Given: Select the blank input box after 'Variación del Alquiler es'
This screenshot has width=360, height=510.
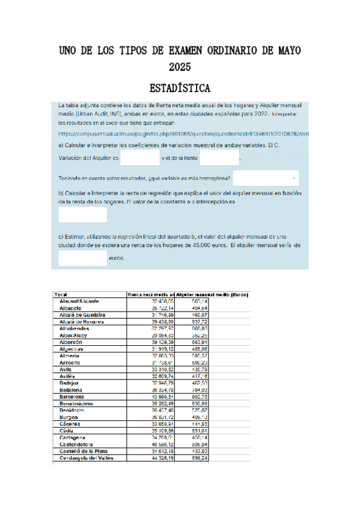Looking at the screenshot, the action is (139, 158).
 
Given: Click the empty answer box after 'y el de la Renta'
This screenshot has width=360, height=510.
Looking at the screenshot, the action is (219, 158).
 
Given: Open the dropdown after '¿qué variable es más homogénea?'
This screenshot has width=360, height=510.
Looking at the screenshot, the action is (266, 178).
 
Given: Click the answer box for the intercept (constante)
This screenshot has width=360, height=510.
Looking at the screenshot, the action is (82, 214).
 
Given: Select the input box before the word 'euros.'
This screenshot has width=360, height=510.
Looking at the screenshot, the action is (82, 258).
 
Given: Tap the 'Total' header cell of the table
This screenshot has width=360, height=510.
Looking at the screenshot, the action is (61, 295).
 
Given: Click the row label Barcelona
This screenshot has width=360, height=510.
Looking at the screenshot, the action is (72, 397).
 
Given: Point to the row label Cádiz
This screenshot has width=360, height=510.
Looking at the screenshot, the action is (66, 431).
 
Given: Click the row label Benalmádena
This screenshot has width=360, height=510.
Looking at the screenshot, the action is (76, 404).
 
